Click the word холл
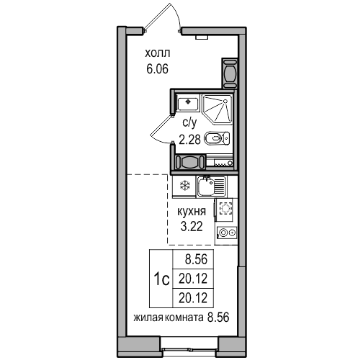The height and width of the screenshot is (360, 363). (x=158, y=53)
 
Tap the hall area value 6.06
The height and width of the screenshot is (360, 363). (x=158, y=69)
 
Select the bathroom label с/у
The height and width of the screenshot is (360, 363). (x=189, y=123)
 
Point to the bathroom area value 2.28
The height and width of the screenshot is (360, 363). (x=189, y=139)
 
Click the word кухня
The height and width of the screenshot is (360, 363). (x=192, y=212)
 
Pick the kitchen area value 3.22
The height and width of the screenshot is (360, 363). (x=192, y=226)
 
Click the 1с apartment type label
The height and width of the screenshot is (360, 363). (x=161, y=279)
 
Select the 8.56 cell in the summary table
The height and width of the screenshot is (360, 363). (x=196, y=259)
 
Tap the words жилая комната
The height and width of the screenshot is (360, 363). (x=168, y=318)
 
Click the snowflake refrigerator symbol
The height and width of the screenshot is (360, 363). (x=185, y=186)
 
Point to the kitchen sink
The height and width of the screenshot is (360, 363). (x=212, y=186)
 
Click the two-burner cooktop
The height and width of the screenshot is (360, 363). (x=227, y=233)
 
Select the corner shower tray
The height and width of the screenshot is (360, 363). (x=218, y=109)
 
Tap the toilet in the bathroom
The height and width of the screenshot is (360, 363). (x=217, y=139)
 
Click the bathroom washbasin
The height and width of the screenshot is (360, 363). (x=187, y=103)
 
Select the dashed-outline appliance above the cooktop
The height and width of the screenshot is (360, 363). (x=225, y=208)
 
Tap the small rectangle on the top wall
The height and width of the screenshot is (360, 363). (x=202, y=37)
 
